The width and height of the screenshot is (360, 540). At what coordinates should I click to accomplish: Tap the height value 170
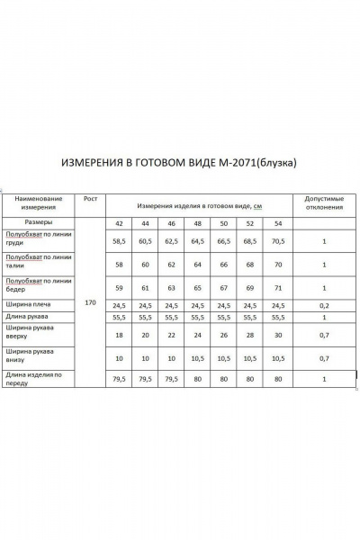90,302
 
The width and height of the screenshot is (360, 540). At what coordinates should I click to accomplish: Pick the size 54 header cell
277,222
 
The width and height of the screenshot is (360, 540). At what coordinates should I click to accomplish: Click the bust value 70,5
277,241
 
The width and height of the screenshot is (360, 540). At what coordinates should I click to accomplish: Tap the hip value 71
277,288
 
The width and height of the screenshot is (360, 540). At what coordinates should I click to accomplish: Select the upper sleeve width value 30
277,334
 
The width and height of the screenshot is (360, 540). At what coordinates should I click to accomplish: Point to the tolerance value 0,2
323,306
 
